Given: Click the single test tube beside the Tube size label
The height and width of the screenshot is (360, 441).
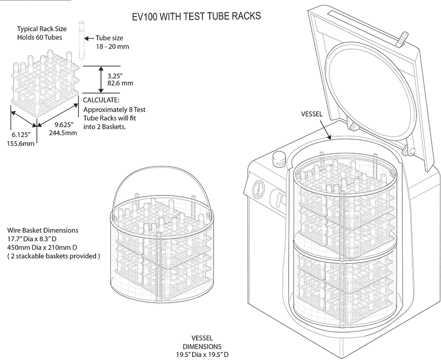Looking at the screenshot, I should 81,39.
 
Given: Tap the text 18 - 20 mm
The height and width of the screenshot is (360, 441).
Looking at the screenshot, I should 109,48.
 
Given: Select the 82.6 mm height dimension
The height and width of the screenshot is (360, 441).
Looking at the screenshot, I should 120,83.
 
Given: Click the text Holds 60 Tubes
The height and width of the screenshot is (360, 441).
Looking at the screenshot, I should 40,38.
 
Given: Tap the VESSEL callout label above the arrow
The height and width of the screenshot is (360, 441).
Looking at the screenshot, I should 312,114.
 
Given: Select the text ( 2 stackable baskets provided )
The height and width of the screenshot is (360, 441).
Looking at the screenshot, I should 53,256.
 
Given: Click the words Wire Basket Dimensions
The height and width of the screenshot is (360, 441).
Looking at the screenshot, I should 43,230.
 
